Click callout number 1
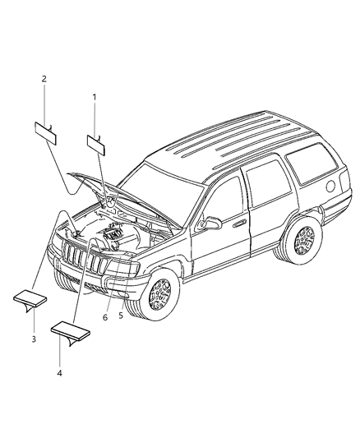tap(94, 97)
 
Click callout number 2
tap(44, 79)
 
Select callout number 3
tap(34, 339)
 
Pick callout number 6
tap(105, 316)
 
